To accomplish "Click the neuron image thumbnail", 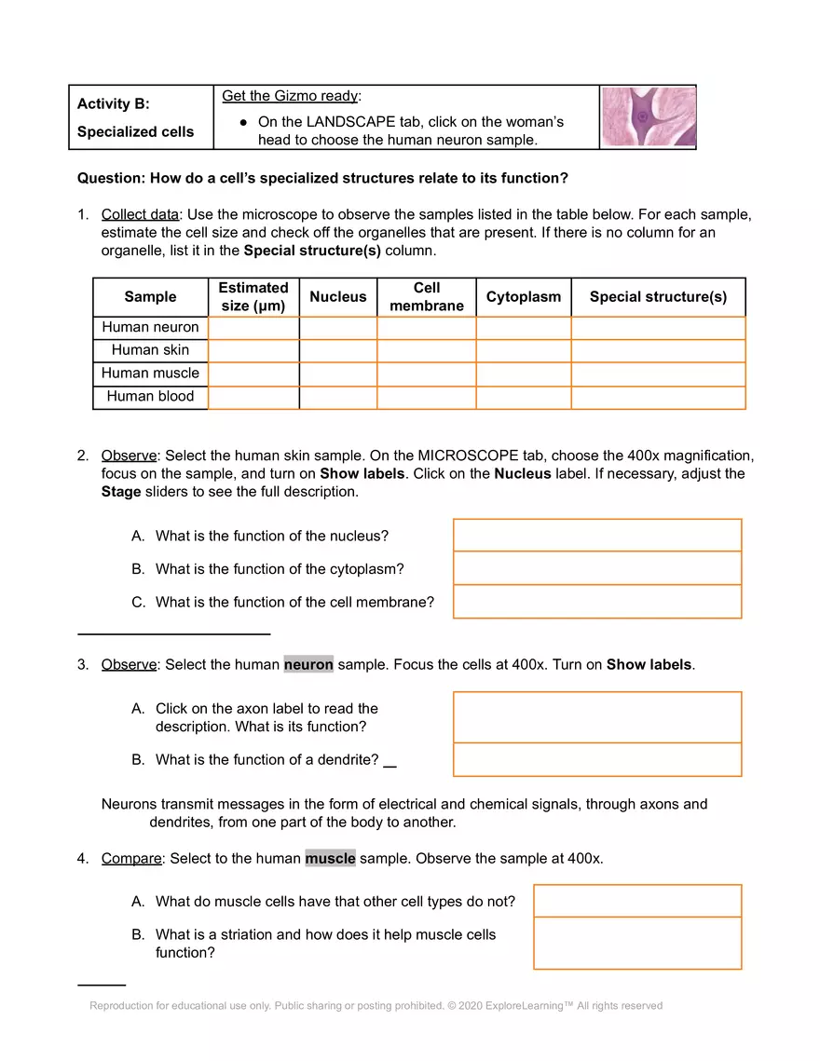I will [649, 117].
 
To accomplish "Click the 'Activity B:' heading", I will [113, 104].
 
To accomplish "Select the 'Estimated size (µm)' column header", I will [253, 297].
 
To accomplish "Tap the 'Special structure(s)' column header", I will [658, 297].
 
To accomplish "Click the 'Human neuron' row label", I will [150, 327].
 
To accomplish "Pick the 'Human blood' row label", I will [150, 396].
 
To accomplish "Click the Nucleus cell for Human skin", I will [337, 350].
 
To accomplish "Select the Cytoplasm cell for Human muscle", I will [523, 374].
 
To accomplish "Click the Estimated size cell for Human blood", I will [253, 397].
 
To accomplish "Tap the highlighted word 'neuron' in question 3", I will [308, 665].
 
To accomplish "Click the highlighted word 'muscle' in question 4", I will [330, 859].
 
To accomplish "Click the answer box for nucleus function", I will [596, 536].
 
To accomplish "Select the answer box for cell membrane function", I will [596, 602].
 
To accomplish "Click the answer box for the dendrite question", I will [596, 759].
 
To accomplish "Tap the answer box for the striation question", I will [637, 943].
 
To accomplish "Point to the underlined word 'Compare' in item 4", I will [131, 859].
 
